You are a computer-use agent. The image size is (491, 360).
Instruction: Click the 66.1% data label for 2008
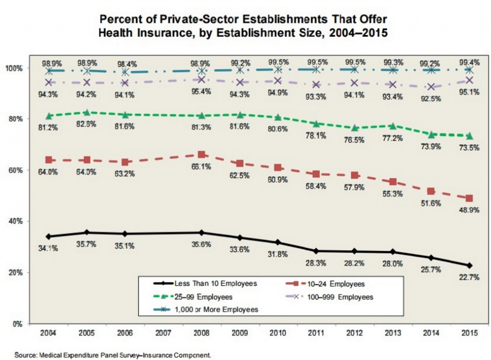pos(201,166)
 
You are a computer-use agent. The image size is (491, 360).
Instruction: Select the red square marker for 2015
pos(469,198)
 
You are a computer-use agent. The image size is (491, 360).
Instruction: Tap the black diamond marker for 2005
pos(86,232)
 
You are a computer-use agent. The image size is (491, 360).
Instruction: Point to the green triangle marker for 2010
pos(278,117)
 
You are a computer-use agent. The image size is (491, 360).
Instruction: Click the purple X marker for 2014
pos(431,87)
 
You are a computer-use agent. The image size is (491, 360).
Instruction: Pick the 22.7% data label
pos(469,277)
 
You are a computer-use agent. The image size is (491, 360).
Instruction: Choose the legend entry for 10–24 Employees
pos(325,284)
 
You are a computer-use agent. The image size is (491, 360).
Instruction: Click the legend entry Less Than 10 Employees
pos(205,284)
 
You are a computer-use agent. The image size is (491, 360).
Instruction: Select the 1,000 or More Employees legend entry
pos(206,310)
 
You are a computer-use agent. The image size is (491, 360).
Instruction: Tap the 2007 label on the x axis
pos(163,333)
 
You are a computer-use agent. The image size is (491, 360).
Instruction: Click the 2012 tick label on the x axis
pos(354,333)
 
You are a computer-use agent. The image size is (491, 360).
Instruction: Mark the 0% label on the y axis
pos(18,324)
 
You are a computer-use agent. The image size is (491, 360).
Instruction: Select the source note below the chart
pos(113,355)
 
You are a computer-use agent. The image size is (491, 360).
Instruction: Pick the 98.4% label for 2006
pos(127,64)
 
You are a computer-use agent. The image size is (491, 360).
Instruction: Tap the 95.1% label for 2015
pos(469,92)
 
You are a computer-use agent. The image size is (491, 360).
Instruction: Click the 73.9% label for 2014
pos(431,146)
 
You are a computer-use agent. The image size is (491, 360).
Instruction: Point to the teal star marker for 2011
pos(316,69)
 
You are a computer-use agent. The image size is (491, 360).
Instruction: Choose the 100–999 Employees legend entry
pos(330,297)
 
